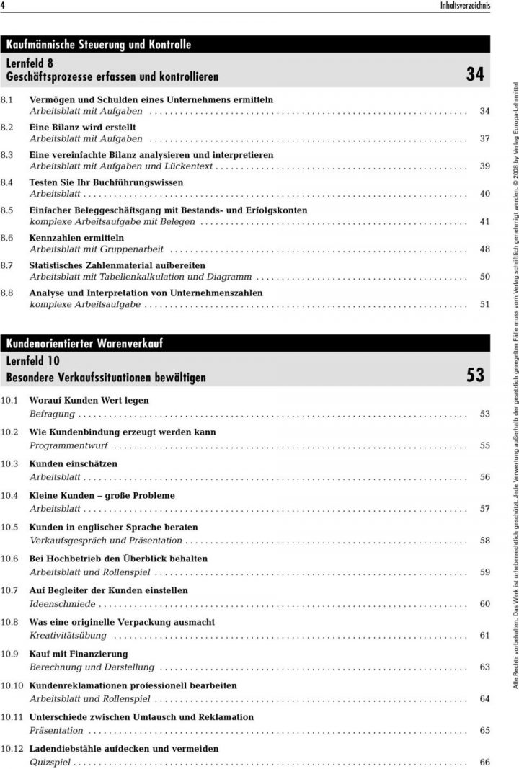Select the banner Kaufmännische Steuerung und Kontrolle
click(x=99, y=44)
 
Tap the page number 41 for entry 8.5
click(x=484, y=222)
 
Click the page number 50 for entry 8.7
click(x=484, y=277)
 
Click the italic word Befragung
click(x=52, y=414)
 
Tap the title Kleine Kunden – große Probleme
click(x=102, y=495)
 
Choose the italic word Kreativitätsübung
click(x=68, y=635)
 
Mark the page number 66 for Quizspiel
click(x=484, y=762)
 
